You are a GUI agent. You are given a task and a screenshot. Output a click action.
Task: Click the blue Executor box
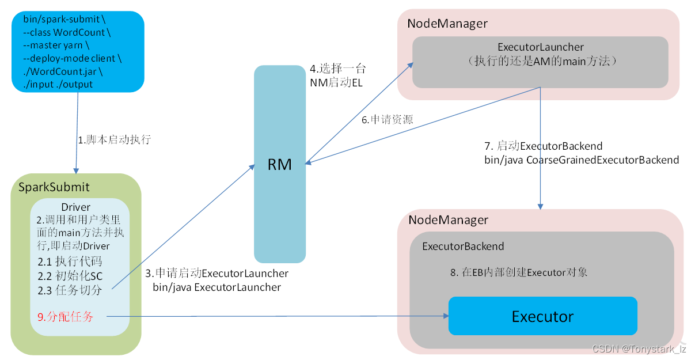tap(542, 316)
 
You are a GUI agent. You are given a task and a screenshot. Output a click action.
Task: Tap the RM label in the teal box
tap(280, 165)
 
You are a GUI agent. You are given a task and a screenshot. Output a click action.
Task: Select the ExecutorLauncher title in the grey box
tap(540, 47)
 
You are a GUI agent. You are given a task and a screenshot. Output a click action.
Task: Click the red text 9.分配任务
tap(64, 316)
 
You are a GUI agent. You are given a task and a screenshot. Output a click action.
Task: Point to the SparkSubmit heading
tap(54, 187)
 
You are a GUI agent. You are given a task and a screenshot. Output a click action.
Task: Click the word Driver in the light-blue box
tap(75, 207)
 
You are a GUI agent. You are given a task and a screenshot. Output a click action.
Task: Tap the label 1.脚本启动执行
tap(114, 140)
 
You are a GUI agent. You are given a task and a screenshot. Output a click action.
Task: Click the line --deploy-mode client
tap(73, 58)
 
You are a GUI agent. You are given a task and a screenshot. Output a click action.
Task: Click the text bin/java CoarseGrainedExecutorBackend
tap(582, 160)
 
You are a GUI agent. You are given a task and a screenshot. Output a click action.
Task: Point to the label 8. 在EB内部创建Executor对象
tap(519, 272)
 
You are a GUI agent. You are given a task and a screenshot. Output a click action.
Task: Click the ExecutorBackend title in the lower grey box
tap(463, 247)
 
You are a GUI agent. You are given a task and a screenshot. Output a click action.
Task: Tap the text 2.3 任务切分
tap(70, 290)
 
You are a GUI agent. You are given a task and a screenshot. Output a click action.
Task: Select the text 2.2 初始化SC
tap(70, 276)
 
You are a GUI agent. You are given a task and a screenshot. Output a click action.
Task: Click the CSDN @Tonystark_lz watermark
tap(639, 349)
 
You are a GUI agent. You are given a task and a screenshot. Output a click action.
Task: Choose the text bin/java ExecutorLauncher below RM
tap(217, 287)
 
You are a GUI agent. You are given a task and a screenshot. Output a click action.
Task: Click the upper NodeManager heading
tap(447, 24)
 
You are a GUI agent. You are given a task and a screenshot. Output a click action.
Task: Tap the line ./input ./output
tap(58, 84)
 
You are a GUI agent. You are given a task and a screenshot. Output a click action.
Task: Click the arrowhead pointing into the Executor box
tap(445, 316)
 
